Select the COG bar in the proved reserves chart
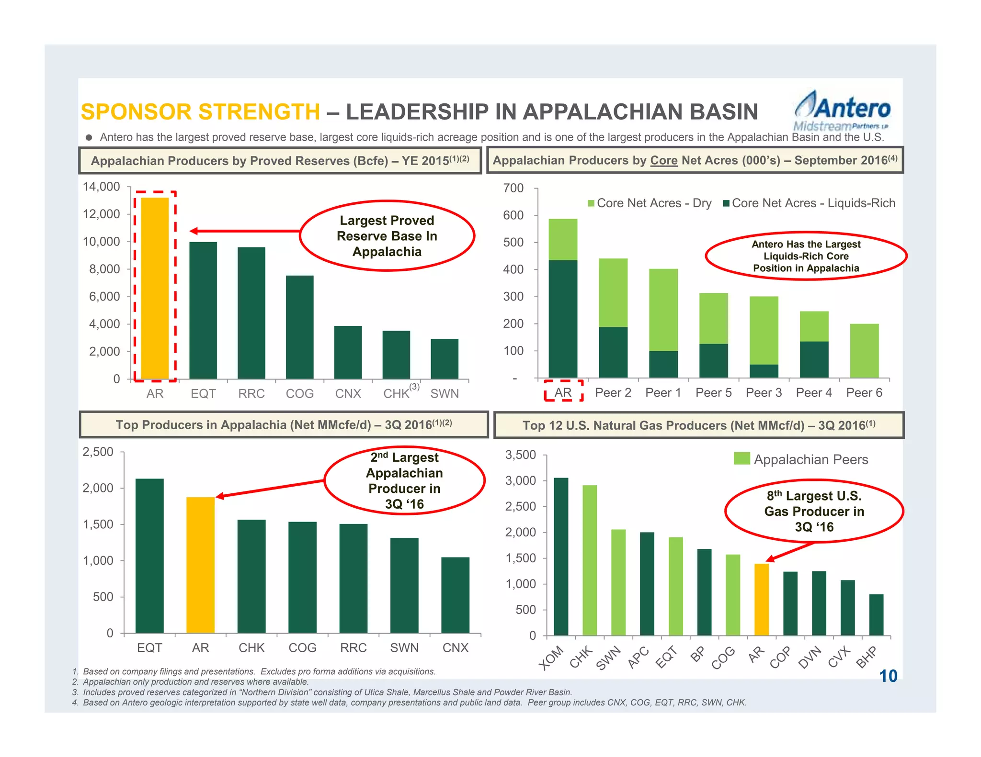pyautogui.click(x=300, y=327)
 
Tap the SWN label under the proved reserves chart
pyautogui.click(x=445, y=394)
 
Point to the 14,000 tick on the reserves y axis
pyautogui.click(x=102, y=187)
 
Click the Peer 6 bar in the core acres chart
pyautogui.click(x=864, y=351)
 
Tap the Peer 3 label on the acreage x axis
pyautogui.click(x=764, y=393)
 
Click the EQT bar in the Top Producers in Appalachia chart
pyautogui.click(x=149, y=556)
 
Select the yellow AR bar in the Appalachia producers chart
pyautogui.click(x=200, y=565)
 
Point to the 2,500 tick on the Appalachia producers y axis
pyautogui.click(x=98, y=452)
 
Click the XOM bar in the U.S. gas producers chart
pyautogui.click(x=561, y=557)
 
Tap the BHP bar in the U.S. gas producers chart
pyautogui.click(x=876, y=615)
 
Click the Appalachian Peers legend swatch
pyautogui.click(x=741, y=459)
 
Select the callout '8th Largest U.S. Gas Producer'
pyautogui.click(x=814, y=512)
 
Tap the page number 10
pyautogui.click(x=888, y=676)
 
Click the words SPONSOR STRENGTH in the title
pyautogui.click(x=200, y=112)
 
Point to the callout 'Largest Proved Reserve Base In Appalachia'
pyautogui.click(x=387, y=236)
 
